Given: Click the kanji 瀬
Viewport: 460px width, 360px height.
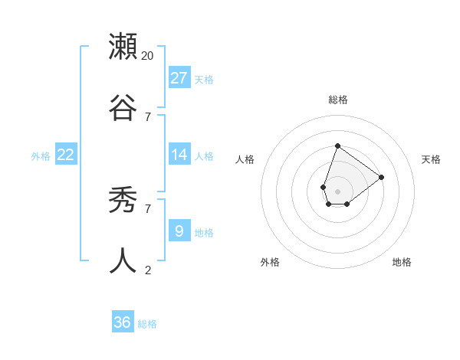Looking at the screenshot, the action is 123,47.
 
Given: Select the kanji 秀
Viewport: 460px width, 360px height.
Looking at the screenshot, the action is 123,201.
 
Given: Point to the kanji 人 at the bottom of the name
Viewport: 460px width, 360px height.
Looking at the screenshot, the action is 123,260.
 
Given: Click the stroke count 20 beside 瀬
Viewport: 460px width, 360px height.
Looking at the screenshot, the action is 148,56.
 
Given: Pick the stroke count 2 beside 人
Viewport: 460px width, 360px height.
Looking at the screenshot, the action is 148,270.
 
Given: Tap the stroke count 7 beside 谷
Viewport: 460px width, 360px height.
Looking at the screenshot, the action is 148,116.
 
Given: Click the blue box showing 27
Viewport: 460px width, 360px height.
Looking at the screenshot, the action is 179,77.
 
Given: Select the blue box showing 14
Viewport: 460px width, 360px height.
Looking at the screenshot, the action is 179,155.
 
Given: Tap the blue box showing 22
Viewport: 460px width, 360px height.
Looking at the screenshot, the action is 66,155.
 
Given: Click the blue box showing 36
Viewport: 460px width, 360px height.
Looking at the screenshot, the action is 123,322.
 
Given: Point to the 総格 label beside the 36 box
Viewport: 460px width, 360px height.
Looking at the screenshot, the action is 147,324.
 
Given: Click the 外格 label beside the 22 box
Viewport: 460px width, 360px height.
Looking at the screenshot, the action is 41,156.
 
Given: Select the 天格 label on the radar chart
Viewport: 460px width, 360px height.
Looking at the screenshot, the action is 431,159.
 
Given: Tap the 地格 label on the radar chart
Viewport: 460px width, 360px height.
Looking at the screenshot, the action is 402,262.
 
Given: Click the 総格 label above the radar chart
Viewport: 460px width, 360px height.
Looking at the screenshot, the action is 337,100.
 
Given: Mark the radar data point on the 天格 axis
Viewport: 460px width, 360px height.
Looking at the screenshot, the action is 381,177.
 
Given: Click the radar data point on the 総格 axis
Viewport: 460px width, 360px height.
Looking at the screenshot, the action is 337,146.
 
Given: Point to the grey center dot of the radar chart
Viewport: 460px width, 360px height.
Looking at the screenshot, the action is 337,191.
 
